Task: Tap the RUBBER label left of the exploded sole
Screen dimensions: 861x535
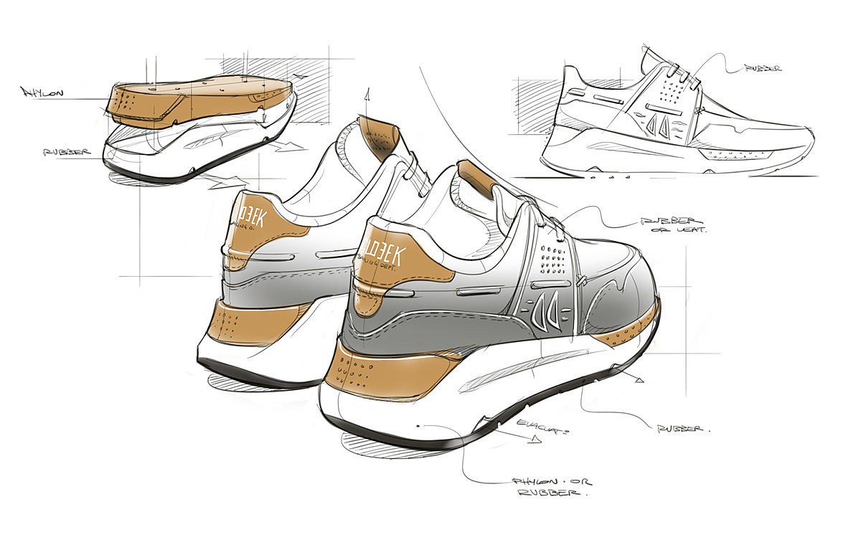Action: [x=66, y=152]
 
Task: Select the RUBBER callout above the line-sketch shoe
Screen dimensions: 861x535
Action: [x=762, y=69]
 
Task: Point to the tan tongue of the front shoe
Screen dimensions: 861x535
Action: [x=474, y=177]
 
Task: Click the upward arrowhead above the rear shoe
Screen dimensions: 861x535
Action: [x=367, y=93]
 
